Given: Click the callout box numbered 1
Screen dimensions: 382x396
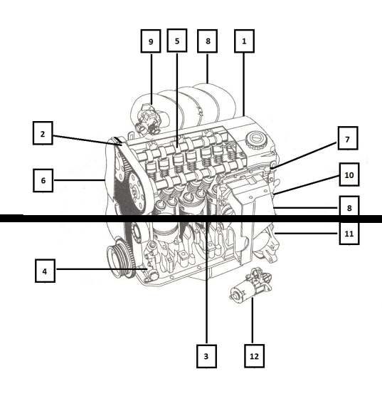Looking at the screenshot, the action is click(x=244, y=41).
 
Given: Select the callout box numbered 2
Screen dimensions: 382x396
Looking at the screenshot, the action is click(x=43, y=133).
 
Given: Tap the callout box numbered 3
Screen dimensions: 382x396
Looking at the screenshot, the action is click(x=206, y=356).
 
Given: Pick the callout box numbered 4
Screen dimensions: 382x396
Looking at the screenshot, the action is click(x=45, y=271).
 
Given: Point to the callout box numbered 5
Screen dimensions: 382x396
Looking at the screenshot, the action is click(x=177, y=41).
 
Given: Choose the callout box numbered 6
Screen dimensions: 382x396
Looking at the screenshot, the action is click(x=43, y=180).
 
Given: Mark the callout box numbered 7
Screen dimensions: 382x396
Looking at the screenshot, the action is click(x=348, y=138).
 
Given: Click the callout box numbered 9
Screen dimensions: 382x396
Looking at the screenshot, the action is click(x=151, y=41).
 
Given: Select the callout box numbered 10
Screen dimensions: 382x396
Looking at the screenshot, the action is click(x=349, y=174).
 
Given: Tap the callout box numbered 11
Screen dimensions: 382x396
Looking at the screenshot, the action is click(x=349, y=234).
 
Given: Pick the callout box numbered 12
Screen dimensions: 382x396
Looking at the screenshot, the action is click(x=255, y=356).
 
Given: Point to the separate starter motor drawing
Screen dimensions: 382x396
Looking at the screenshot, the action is click(x=250, y=285).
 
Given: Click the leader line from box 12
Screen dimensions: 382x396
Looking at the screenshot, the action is click(x=253, y=321).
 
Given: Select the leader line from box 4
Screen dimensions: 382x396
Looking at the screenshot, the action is click(x=102, y=269).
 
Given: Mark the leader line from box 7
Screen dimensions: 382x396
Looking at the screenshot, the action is click(x=304, y=155).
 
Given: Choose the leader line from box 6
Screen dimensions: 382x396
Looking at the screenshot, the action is click(x=79, y=180).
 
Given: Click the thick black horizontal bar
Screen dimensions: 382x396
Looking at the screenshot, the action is click(x=191, y=219).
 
